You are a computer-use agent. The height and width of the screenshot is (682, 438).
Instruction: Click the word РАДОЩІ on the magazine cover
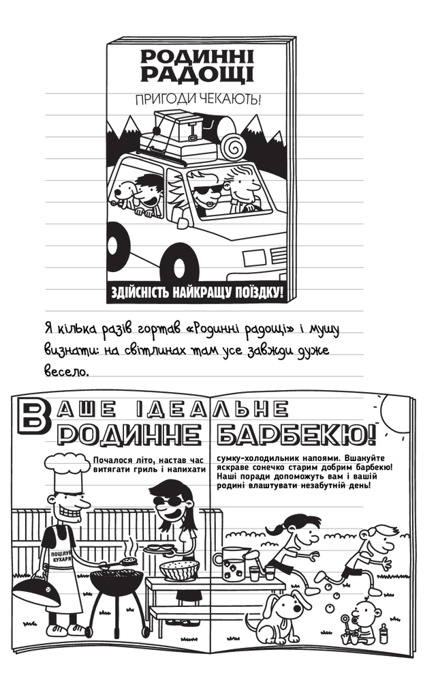(x=198, y=74)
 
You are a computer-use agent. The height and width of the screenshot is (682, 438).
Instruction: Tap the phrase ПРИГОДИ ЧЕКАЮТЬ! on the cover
(x=198, y=100)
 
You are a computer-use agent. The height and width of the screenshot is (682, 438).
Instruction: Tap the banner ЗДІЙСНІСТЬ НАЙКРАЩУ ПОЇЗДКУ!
(x=198, y=292)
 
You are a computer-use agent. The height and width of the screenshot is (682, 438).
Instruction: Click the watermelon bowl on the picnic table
(x=179, y=570)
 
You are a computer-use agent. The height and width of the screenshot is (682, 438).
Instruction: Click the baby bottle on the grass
(x=384, y=634)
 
